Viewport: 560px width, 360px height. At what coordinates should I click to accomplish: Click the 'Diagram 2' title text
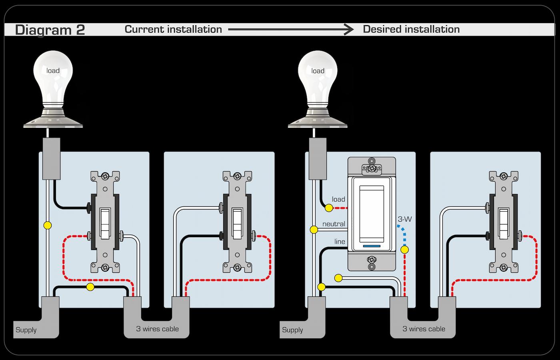[x=50, y=30]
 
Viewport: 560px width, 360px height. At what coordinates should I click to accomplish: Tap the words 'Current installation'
[x=173, y=29]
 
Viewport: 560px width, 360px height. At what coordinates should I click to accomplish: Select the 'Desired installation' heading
[x=411, y=29]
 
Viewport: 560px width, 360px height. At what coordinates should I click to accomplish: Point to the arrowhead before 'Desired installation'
[x=349, y=29]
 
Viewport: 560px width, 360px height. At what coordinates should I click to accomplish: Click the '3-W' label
[x=404, y=219]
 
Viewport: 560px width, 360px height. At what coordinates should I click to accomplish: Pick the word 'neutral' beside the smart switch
[x=334, y=224]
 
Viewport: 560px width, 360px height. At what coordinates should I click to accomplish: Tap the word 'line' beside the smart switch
[x=340, y=242]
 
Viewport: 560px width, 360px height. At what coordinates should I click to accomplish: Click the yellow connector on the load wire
[x=328, y=208]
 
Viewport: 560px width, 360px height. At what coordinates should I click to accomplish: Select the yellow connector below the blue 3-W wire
[x=405, y=250]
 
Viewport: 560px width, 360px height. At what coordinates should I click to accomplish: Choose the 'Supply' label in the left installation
[x=26, y=330]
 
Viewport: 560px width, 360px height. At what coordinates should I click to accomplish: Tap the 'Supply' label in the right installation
[x=292, y=330]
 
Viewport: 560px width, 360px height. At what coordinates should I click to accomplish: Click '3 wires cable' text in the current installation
[x=157, y=329]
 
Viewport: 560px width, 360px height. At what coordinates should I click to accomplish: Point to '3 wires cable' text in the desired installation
[x=424, y=329]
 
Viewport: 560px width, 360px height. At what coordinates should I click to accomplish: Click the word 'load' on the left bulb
[x=53, y=71]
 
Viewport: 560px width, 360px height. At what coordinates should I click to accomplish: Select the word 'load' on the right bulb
[x=318, y=71]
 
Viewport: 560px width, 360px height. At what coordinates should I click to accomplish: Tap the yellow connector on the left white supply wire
[x=48, y=225]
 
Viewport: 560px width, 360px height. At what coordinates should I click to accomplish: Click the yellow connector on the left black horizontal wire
[x=90, y=287]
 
